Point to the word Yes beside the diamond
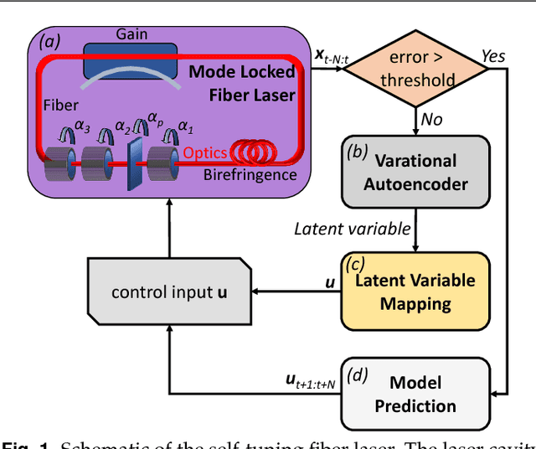click(x=493, y=55)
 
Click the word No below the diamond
click(x=431, y=120)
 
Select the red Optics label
click(x=204, y=152)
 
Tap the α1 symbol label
click(x=186, y=128)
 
